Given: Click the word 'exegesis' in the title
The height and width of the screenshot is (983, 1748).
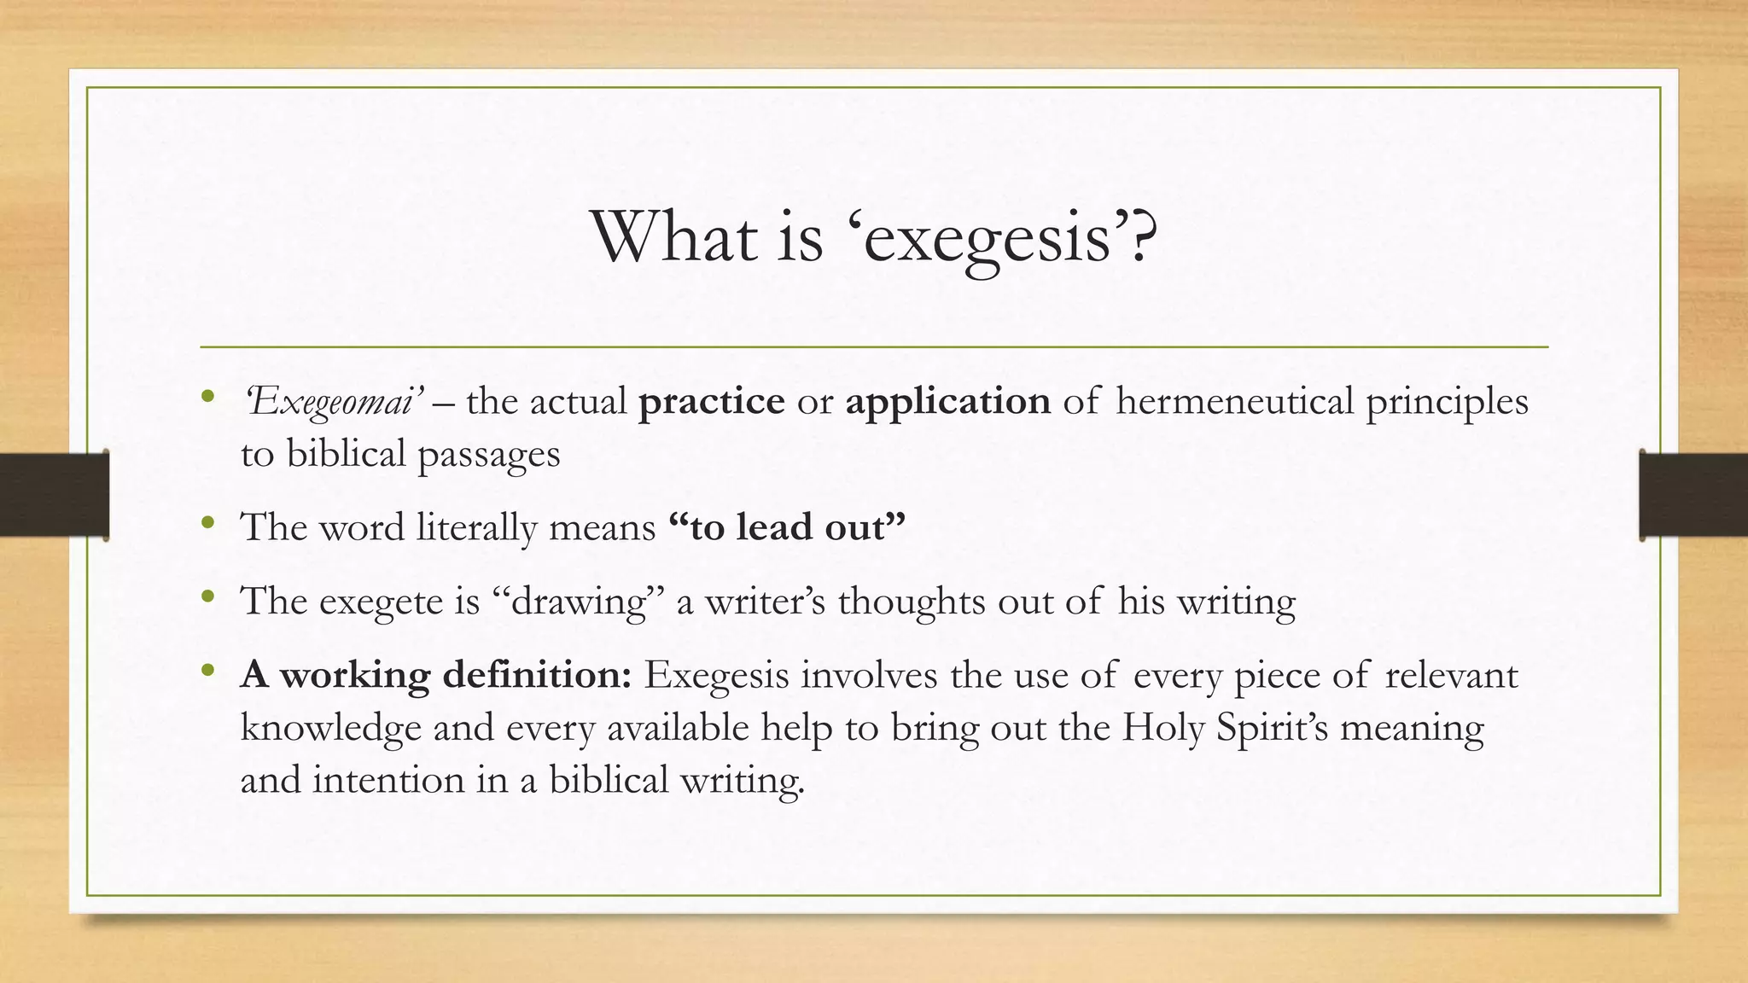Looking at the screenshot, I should [999, 238].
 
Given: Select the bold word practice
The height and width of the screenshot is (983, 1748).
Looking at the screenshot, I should [711, 402].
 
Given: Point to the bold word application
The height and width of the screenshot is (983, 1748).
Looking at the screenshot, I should [947, 402].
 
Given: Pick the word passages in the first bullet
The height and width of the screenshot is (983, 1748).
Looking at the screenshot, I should [488, 455].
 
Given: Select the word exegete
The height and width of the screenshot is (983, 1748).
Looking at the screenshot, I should [382, 602].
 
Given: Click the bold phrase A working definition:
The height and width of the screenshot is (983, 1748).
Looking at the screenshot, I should [435, 676].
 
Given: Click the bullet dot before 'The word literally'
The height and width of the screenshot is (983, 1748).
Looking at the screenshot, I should [207, 524].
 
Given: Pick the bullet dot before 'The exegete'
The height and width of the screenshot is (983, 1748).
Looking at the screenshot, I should [207, 598].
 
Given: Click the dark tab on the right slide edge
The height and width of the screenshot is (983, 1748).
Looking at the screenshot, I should [1693, 495].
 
